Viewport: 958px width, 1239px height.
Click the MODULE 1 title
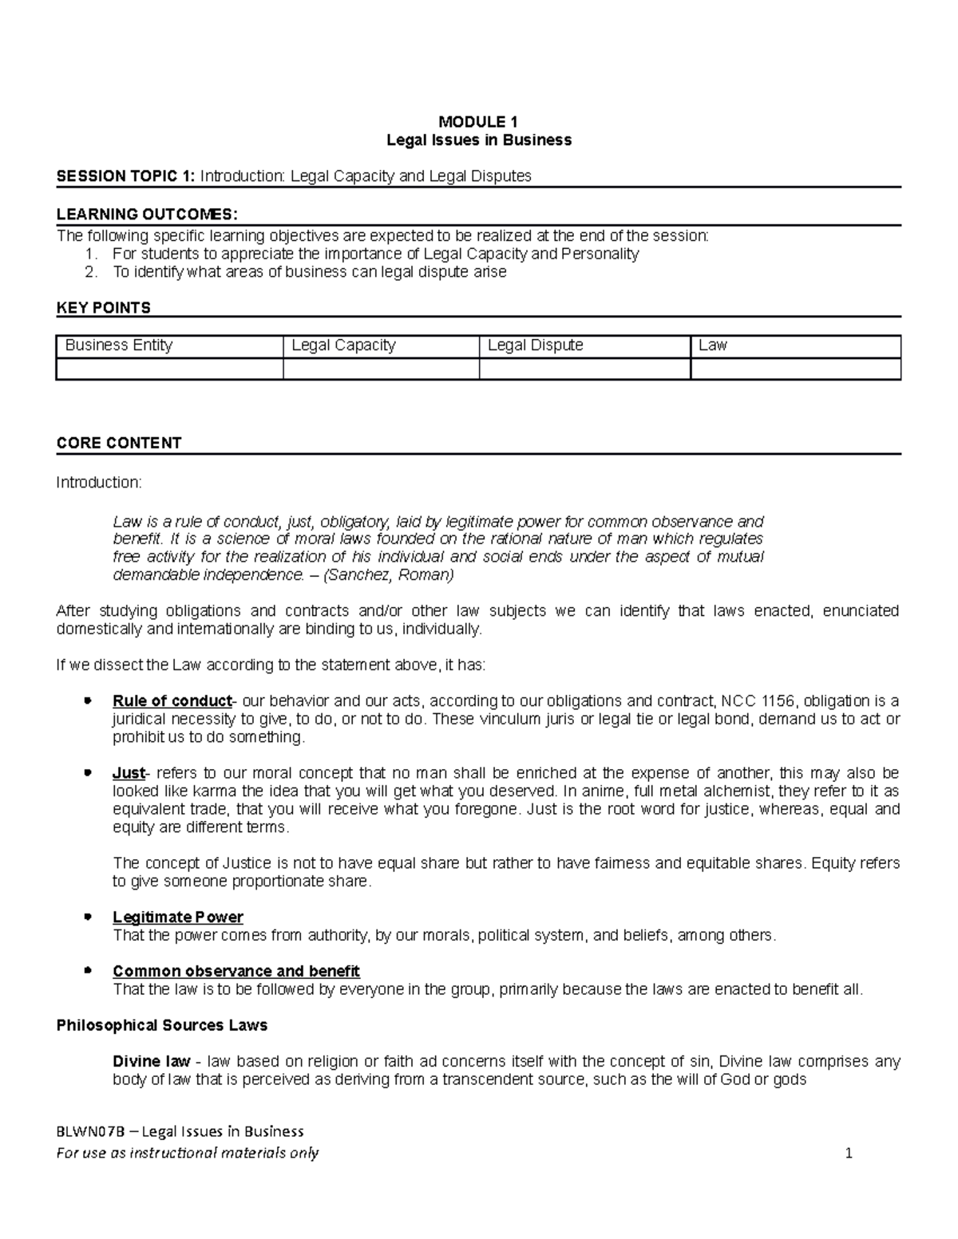[x=478, y=122]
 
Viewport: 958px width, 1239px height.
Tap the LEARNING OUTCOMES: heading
[x=147, y=214]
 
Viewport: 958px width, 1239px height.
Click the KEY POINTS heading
[x=103, y=308]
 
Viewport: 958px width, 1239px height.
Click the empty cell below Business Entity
[x=169, y=369]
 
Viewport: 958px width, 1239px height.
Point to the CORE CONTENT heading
[x=119, y=444]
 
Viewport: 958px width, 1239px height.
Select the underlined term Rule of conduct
[x=172, y=701]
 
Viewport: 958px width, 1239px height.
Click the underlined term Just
[x=129, y=773]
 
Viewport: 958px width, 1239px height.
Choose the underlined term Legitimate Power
[x=178, y=917]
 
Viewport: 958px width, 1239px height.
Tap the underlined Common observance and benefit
[x=236, y=971]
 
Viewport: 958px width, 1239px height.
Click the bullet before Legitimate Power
[x=88, y=917]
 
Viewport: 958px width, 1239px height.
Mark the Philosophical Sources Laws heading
[x=162, y=1025]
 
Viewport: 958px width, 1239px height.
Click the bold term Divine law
[x=152, y=1062]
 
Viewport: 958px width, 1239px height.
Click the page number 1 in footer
[x=849, y=1153]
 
